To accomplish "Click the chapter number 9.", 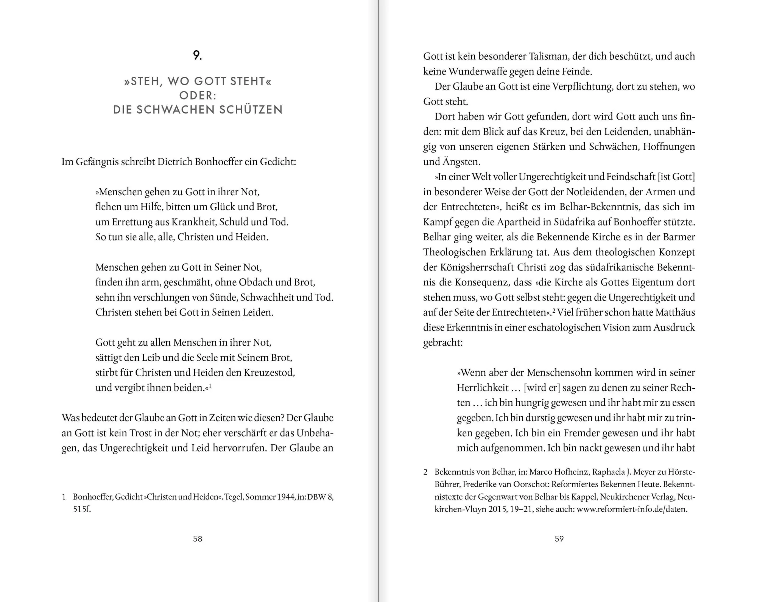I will [x=197, y=56].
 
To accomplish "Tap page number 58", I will [x=198, y=538].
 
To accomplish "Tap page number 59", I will [x=559, y=538].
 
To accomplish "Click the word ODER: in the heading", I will [x=198, y=95].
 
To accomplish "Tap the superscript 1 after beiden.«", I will [x=210, y=386].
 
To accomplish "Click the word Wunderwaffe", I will [x=476, y=71].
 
